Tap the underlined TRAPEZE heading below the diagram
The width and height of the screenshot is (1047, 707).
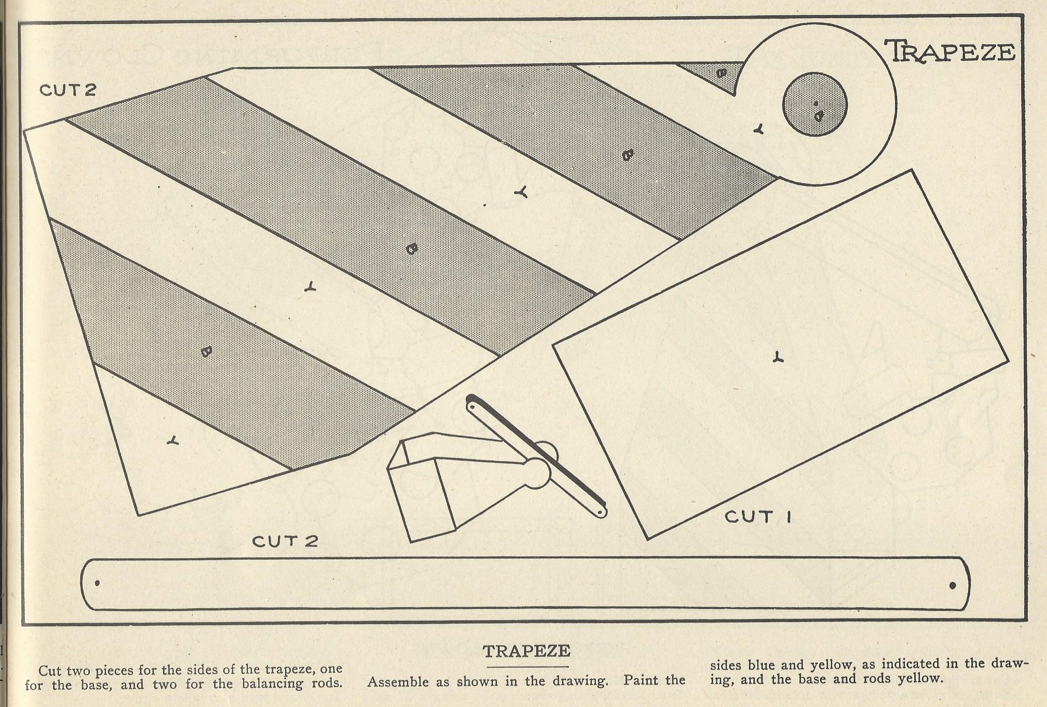coord(527,651)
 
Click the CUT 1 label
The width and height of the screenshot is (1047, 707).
coord(759,517)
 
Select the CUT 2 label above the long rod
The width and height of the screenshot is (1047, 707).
coord(286,541)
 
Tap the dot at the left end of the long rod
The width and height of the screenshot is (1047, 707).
coord(97,583)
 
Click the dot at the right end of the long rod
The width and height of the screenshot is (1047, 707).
coord(952,586)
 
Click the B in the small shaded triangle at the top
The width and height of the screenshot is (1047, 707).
coord(722,73)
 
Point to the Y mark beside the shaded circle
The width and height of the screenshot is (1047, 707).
coord(758,129)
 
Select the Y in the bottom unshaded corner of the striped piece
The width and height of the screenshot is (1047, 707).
coord(174,440)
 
